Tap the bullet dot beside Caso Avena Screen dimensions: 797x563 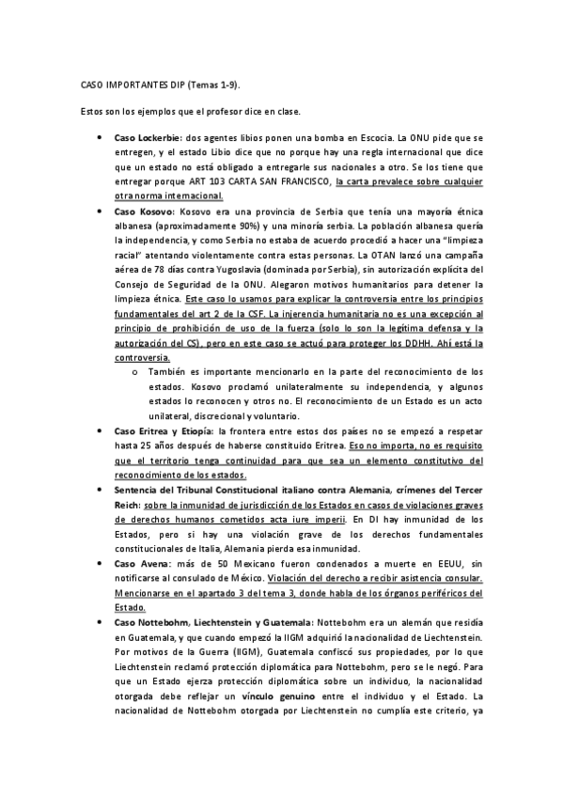pos(102,563)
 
